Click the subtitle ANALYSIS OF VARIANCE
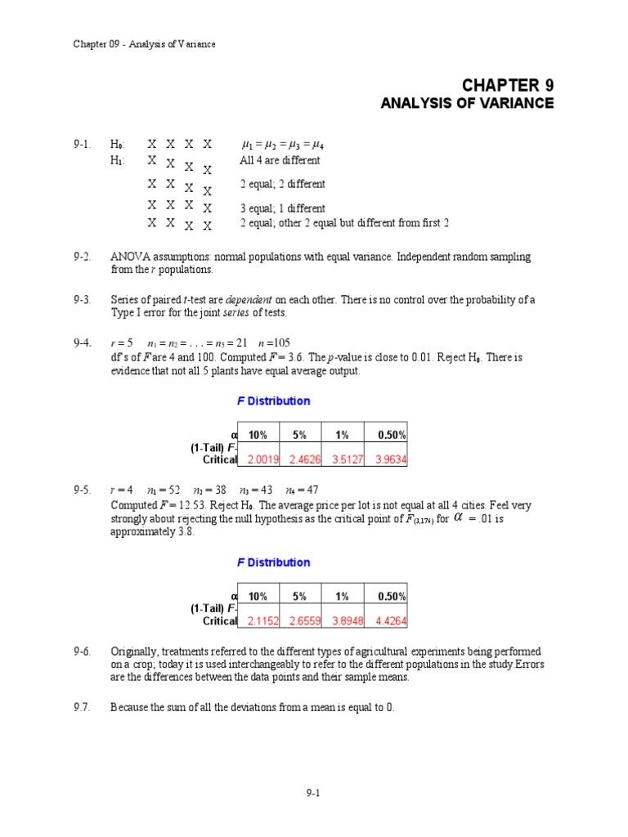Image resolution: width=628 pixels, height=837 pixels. click(468, 104)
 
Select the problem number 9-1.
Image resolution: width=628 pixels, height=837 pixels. click(81, 144)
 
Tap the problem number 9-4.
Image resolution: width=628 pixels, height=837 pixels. click(81, 343)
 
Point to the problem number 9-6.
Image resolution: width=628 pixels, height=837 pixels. click(81, 651)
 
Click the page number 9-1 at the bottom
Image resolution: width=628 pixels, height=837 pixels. click(313, 791)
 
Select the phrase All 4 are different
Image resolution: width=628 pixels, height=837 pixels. click(280, 160)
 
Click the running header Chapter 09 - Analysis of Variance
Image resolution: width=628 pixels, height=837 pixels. click(144, 43)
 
